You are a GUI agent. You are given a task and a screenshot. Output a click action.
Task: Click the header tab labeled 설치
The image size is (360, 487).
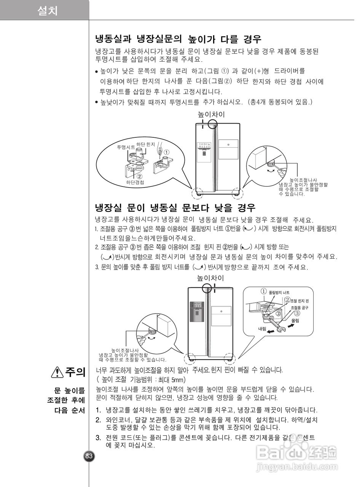point(48,11)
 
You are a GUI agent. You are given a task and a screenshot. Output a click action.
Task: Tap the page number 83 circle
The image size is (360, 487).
point(89,456)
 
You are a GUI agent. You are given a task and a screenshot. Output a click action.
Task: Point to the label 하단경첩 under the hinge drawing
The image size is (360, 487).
point(135,182)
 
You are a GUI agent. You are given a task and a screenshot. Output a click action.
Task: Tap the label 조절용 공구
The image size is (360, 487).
point(299,307)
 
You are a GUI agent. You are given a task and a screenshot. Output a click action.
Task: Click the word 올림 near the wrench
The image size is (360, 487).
point(295,321)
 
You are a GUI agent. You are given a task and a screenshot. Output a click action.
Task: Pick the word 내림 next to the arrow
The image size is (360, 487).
point(262,328)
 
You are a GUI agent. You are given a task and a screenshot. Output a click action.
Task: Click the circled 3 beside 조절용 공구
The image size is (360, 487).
point(297,314)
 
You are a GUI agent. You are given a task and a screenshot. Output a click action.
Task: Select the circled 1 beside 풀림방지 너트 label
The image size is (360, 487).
point(263,291)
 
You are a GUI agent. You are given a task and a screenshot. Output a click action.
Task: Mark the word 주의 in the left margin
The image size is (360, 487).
point(75,372)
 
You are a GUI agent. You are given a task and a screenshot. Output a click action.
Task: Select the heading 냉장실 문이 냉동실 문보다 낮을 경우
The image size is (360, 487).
point(175,208)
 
